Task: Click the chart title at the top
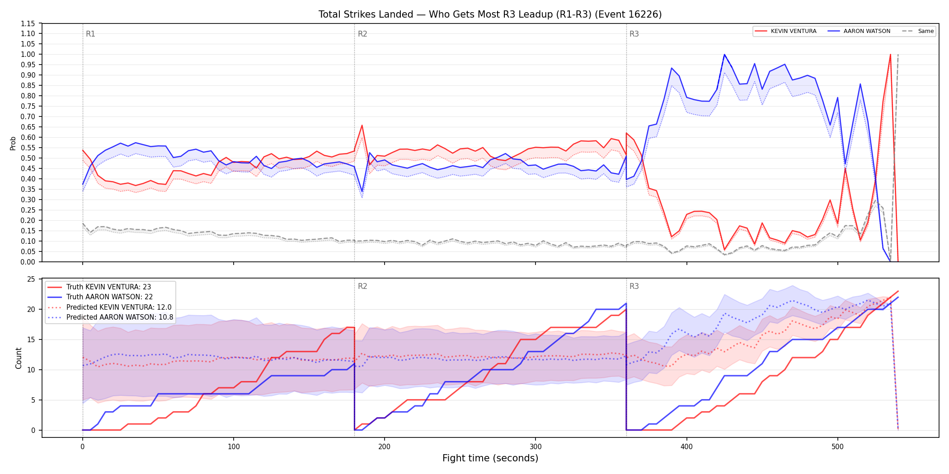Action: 490,14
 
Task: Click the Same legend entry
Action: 918,31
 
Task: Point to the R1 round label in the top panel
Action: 90,34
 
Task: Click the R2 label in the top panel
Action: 362,34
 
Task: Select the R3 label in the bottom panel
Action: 634,286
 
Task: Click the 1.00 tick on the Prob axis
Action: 28,54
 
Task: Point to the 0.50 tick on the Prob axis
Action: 28,158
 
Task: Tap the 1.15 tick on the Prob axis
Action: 28,23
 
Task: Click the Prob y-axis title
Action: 13,143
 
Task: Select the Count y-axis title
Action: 19,358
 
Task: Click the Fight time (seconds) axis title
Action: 490,458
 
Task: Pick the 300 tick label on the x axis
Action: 536,447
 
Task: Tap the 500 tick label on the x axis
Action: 837,447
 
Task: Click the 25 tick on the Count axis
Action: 31,279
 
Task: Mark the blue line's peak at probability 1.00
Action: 724,54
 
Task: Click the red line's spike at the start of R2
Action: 362,125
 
